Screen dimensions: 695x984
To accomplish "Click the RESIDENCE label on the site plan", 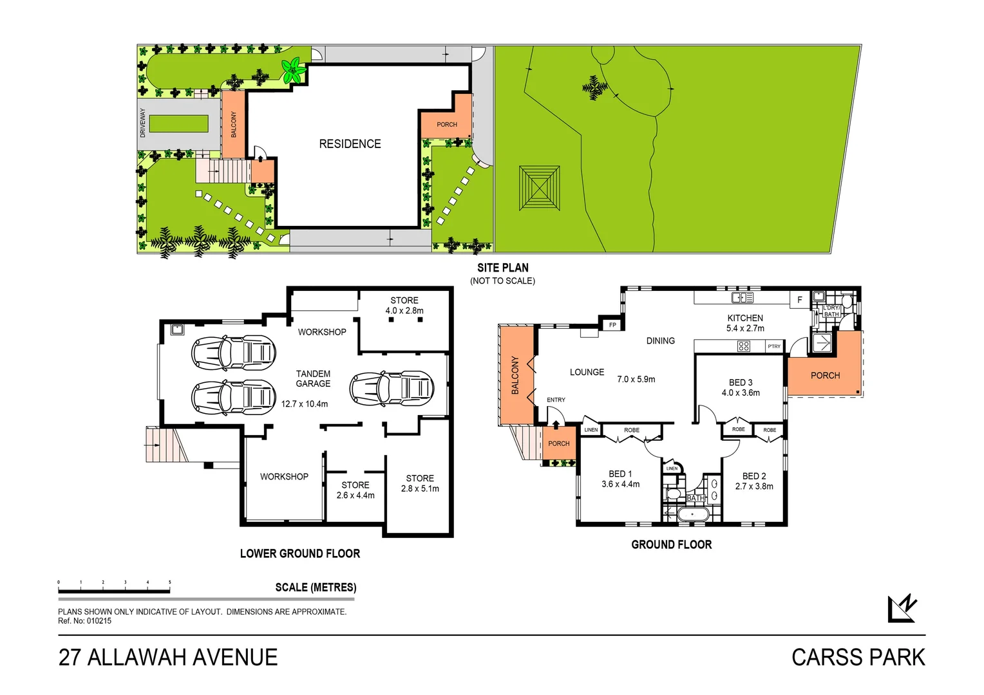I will click(350, 144).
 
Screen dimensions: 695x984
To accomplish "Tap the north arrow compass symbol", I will click(902, 608).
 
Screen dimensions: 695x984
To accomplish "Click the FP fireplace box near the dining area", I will click(612, 325).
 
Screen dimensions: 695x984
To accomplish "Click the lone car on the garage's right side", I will click(392, 388).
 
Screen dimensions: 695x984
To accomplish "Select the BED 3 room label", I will click(741, 382).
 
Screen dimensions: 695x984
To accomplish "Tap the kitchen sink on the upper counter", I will click(743, 297).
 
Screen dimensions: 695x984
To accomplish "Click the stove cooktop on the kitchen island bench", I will click(743, 346).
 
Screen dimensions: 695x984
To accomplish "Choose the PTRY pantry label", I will click(774, 346).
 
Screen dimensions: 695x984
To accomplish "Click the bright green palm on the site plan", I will click(294, 70).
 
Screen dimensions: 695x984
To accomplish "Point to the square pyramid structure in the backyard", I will click(540, 187).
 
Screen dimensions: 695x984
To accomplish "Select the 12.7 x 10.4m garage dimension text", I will click(304, 404).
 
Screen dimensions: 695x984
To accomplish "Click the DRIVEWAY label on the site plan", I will click(143, 123).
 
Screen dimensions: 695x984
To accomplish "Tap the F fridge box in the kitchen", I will click(800, 300).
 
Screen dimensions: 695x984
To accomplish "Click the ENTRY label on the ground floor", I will click(556, 400).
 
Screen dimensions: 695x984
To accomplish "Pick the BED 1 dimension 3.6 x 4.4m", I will click(620, 484).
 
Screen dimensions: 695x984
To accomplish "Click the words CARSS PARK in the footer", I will click(858, 657).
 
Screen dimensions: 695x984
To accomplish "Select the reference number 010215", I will click(99, 621).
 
